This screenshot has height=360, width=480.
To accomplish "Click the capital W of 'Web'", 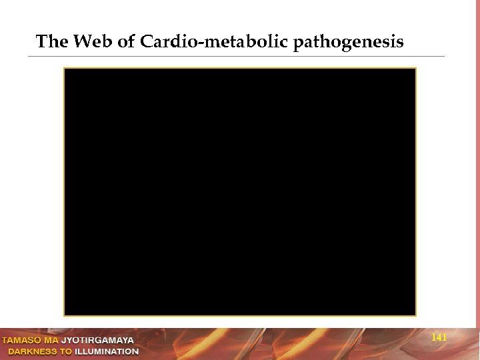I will [82, 43].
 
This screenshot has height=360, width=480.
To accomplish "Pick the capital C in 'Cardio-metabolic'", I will [146, 43].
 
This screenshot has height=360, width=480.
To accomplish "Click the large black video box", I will [240, 191].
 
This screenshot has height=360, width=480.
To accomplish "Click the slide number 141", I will [439, 338].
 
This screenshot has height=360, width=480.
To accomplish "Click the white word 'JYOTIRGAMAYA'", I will [102, 340].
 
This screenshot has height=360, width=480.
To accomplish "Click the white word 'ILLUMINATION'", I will [109, 351].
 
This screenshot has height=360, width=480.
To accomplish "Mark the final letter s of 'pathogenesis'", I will [399, 43].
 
